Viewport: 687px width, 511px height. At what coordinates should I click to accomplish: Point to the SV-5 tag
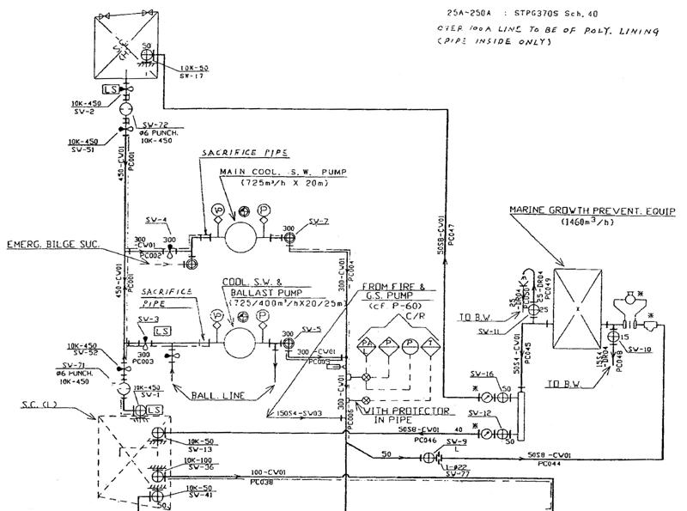311,329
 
